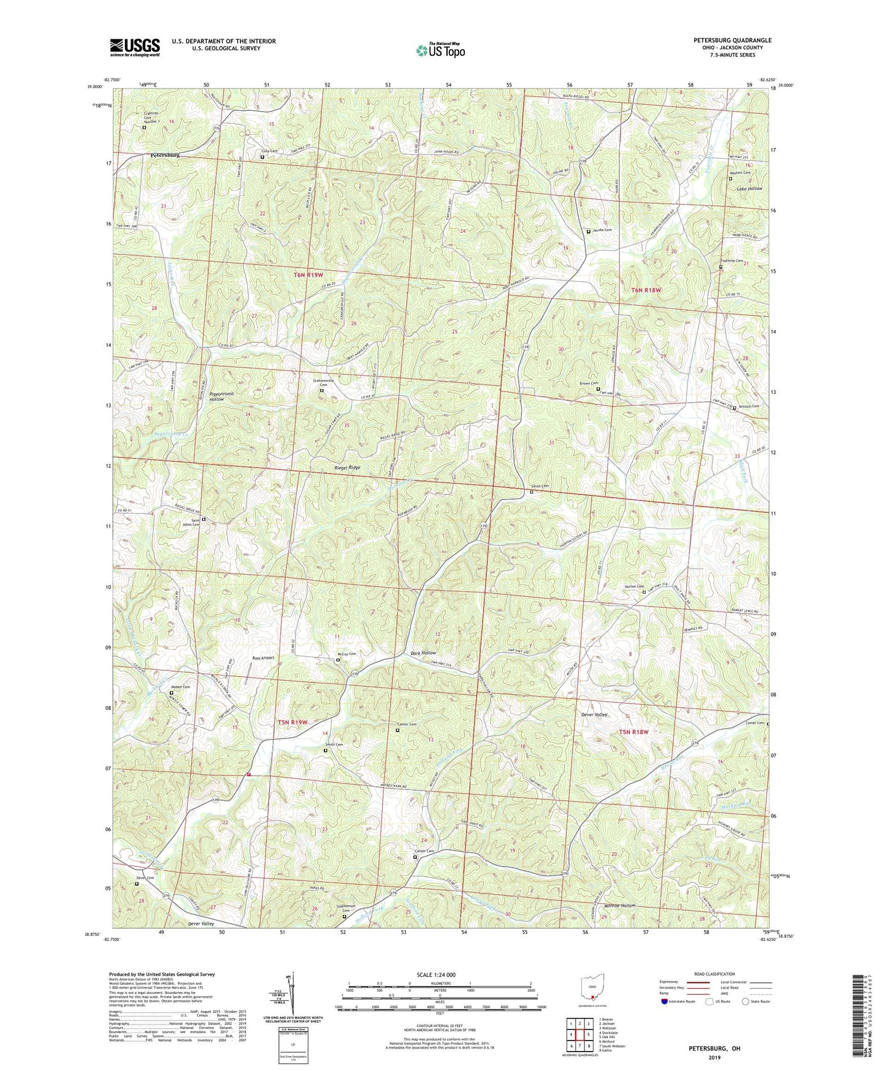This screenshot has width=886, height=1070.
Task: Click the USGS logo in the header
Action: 134,47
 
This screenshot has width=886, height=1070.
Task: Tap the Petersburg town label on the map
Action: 165,156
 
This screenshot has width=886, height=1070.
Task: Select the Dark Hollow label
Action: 423,653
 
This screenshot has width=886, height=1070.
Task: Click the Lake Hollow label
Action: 749,189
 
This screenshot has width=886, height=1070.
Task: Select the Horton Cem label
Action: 633,586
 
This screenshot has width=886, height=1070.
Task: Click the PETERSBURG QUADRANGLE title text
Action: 732,40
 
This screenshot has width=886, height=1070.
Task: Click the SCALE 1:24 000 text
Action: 436,974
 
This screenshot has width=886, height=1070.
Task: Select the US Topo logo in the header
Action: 440,50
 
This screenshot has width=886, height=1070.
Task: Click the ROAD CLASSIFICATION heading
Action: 715,974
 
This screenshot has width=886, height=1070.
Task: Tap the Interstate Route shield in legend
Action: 665,1001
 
